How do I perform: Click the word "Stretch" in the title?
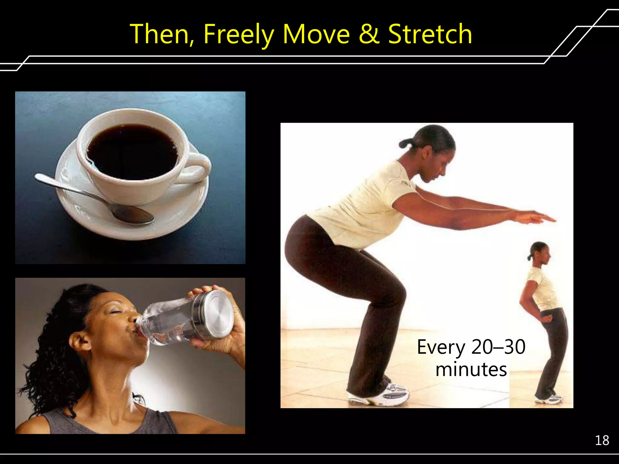(430, 34)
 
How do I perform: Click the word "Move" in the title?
(316, 34)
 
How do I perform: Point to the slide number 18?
(602, 441)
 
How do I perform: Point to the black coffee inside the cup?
(133, 151)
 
